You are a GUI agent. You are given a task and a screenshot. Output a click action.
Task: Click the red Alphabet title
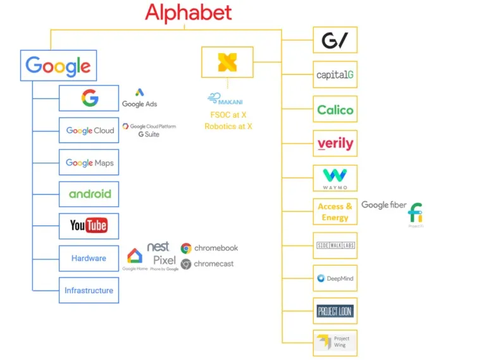(188, 12)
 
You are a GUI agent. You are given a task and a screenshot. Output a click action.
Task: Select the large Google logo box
(58, 65)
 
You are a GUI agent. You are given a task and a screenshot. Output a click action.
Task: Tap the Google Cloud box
(89, 130)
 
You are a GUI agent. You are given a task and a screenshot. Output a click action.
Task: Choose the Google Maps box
(89, 163)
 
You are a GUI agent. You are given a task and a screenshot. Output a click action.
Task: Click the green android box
(89, 194)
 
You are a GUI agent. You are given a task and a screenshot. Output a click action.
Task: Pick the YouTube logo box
(89, 225)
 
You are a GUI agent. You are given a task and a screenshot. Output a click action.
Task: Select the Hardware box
(89, 258)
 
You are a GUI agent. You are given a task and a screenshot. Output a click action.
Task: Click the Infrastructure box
(89, 290)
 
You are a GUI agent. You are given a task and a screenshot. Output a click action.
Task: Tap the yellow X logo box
(227, 62)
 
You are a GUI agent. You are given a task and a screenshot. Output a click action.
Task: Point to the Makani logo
(225, 100)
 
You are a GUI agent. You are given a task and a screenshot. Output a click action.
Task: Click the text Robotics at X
(228, 127)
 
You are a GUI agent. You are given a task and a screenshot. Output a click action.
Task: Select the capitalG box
(335, 75)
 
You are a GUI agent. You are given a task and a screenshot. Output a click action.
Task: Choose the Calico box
(335, 109)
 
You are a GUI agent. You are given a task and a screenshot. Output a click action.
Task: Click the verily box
(335, 144)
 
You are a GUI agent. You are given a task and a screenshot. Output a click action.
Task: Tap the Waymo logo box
(335, 178)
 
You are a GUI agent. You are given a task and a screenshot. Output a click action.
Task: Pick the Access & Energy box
(335, 212)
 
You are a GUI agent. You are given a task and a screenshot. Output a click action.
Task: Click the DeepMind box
(335, 278)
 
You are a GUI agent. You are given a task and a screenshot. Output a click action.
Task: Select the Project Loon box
(335, 311)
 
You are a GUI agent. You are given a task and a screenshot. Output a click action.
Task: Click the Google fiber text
(383, 205)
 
